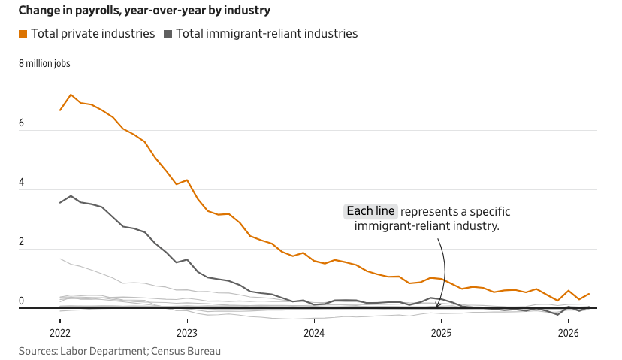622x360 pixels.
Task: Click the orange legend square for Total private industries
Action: point(23,34)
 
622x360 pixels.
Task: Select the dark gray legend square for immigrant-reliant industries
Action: point(168,34)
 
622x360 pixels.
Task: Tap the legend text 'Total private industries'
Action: point(93,34)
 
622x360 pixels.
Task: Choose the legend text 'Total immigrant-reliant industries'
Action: point(267,34)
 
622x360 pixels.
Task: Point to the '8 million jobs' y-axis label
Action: point(44,64)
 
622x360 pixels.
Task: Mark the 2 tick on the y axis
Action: point(21,242)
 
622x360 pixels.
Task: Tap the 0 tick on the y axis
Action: point(21,301)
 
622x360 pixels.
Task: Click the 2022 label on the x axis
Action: point(60,332)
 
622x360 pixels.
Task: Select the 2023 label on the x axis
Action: point(187,332)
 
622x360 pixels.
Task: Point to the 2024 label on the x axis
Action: point(314,332)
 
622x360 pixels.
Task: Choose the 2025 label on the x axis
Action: point(441,332)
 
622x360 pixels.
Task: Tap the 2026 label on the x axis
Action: point(568,332)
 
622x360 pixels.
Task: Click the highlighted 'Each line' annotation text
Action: point(370,211)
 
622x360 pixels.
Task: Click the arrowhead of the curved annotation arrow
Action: point(439,305)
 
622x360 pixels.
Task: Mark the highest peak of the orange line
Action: point(71,95)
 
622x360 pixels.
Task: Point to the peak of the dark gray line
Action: point(71,196)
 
